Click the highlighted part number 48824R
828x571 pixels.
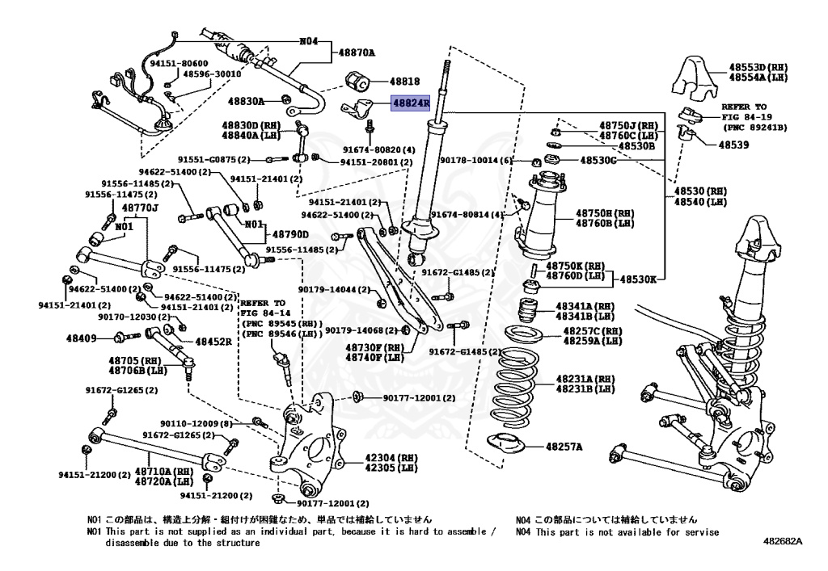pos(411,104)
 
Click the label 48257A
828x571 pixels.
pos(564,446)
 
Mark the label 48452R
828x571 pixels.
pos(213,342)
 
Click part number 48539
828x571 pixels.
pos(731,145)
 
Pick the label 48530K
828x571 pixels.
pos(638,279)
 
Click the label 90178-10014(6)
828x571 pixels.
pos(477,161)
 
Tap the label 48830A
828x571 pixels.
pos(246,102)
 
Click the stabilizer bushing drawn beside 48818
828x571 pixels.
pos(357,82)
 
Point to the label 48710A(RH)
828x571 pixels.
pos(163,471)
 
